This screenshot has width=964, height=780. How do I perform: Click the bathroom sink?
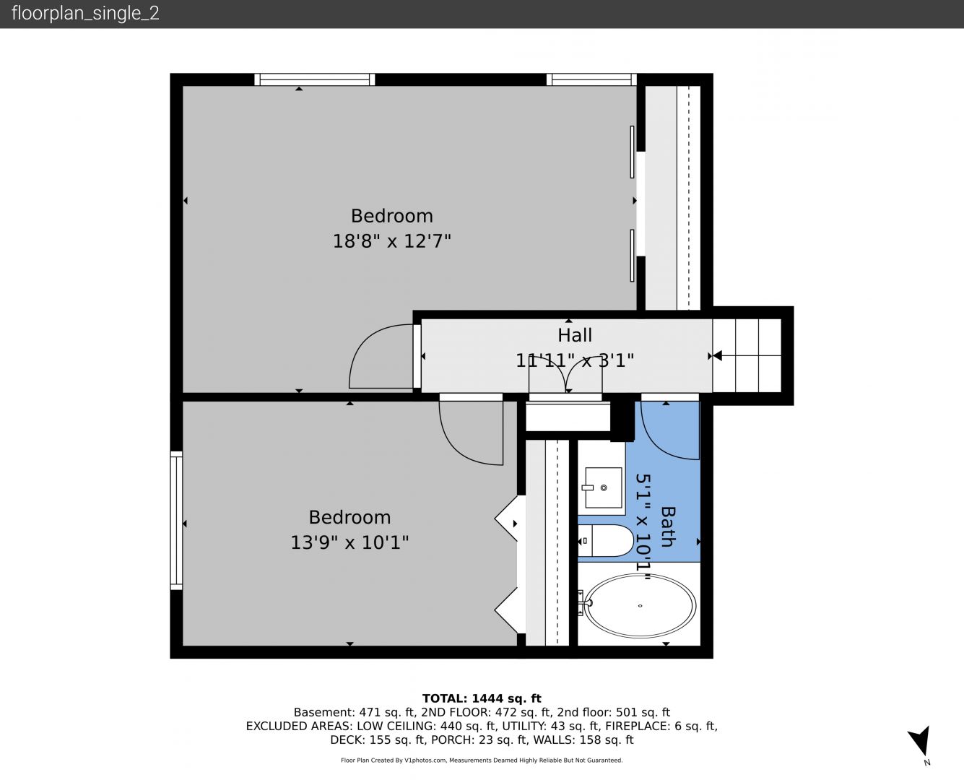[603, 487]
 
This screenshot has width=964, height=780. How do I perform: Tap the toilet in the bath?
[606, 540]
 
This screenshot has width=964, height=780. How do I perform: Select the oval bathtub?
[640, 606]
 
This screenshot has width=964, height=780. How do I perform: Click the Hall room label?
[575, 335]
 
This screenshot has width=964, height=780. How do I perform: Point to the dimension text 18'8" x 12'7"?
[392, 240]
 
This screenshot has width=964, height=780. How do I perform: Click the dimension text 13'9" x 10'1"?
[349, 542]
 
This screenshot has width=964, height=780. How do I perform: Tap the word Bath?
[668, 526]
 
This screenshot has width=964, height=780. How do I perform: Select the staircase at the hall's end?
[747, 356]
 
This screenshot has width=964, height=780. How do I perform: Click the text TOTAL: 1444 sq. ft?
[482, 698]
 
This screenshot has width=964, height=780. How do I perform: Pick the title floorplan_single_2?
[85, 13]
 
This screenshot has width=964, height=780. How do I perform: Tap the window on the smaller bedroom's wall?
[176, 521]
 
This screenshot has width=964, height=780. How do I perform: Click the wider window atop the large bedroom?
[315, 79]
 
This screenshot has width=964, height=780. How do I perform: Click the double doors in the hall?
[565, 374]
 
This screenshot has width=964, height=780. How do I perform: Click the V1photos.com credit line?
[482, 760]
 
